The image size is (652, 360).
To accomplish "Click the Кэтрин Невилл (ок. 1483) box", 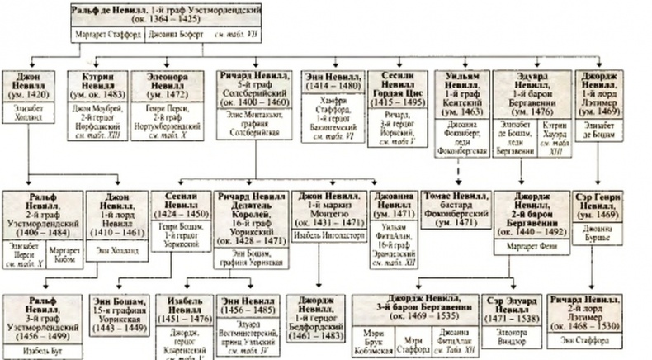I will (97, 84).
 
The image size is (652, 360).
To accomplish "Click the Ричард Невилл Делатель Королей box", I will (252, 213).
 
